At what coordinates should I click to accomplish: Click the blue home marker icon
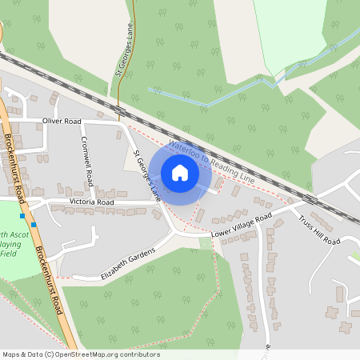(180, 172)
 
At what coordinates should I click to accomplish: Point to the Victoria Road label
(91, 203)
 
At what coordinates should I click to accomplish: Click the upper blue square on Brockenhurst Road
(22, 215)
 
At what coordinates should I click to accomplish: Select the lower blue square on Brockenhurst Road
(34, 225)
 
